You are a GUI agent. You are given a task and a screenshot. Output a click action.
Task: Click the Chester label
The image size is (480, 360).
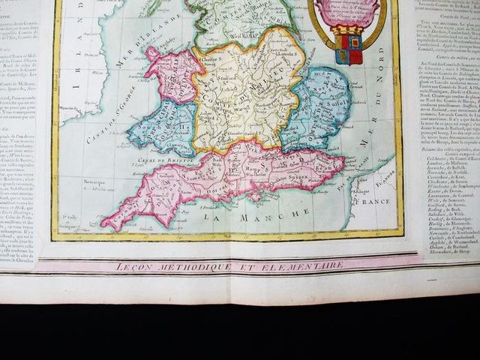tap(209, 58)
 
